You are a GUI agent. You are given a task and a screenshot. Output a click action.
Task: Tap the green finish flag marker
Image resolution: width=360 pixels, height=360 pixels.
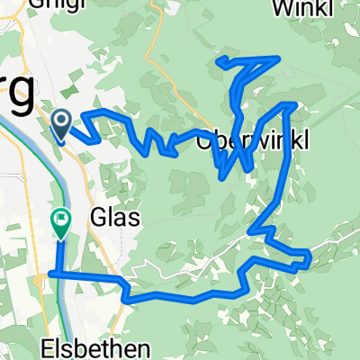[61, 222]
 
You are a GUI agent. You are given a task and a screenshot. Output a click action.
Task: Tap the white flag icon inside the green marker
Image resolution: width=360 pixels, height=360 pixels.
[61, 216]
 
